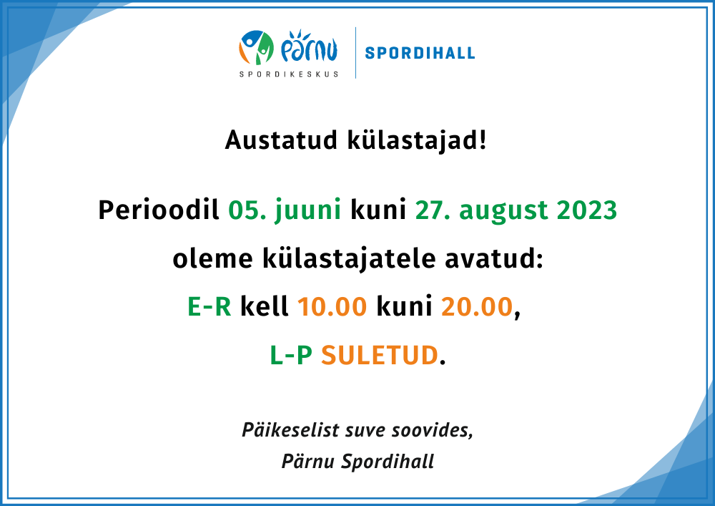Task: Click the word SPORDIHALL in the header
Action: pyautogui.click(x=420, y=53)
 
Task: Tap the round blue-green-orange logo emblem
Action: pyautogui.click(x=256, y=47)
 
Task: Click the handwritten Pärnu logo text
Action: pyautogui.click(x=309, y=46)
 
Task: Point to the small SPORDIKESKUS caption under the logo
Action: pyautogui.click(x=289, y=74)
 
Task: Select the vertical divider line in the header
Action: pyautogui.click(x=355, y=53)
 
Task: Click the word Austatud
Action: pyautogui.click(x=281, y=140)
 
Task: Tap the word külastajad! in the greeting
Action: pyautogui.click(x=418, y=140)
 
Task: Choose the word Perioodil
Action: pyautogui.click(x=159, y=210)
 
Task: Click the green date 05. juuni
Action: pyautogui.click(x=285, y=210)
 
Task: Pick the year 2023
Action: pyautogui.click(x=587, y=210)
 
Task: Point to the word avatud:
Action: pyautogui.click(x=494, y=258)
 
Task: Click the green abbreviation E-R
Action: pyautogui.click(x=209, y=306)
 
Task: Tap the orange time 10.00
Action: pyautogui.click(x=332, y=306)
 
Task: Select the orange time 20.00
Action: pyautogui.click(x=477, y=306)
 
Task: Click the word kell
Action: pyautogui.click(x=265, y=306)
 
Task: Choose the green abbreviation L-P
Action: pyautogui.click(x=291, y=356)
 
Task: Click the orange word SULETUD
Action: pyautogui.click(x=380, y=356)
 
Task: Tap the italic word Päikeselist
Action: pyautogui.click(x=290, y=430)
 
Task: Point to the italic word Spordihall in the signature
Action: pyautogui.click(x=388, y=462)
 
